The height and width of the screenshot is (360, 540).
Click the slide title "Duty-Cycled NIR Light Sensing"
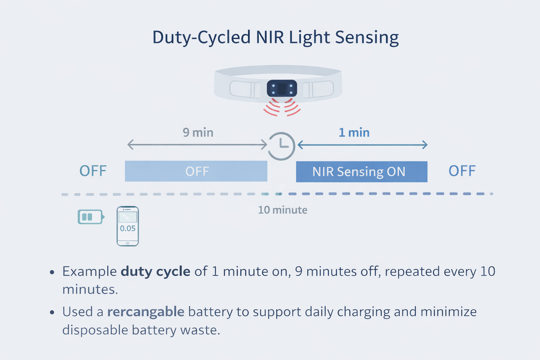pyautogui.click(x=275, y=38)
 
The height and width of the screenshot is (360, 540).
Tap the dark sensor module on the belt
pyautogui.click(x=282, y=88)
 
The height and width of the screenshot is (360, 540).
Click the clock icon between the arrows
pyautogui.click(x=281, y=146)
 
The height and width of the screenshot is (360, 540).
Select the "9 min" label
pyautogui.click(x=198, y=133)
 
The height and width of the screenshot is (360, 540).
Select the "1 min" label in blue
pyautogui.click(x=354, y=133)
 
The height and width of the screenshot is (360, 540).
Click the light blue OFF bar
pyautogui.click(x=196, y=171)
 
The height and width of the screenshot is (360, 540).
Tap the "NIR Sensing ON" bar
pyautogui.click(x=361, y=172)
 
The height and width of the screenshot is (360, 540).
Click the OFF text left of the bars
pyautogui.click(x=93, y=171)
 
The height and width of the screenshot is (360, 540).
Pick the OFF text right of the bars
pyautogui.click(x=462, y=171)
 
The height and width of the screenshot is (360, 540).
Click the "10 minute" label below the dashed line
pyautogui.click(x=283, y=210)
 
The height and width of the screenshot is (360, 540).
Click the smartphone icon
pyautogui.click(x=128, y=226)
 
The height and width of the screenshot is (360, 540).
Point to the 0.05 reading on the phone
pyautogui.click(x=128, y=229)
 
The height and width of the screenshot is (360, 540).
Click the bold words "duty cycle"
pyautogui.click(x=155, y=271)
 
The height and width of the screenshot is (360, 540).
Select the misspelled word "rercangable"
pyautogui.click(x=146, y=312)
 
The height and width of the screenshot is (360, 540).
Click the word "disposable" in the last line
pyautogui.click(x=95, y=330)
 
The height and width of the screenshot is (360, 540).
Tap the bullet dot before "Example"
pyautogui.click(x=52, y=272)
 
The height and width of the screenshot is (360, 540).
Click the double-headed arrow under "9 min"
pyautogui.click(x=197, y=144)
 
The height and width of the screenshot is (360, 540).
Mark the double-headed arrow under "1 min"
pyautogui.click(x=362, y=144)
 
